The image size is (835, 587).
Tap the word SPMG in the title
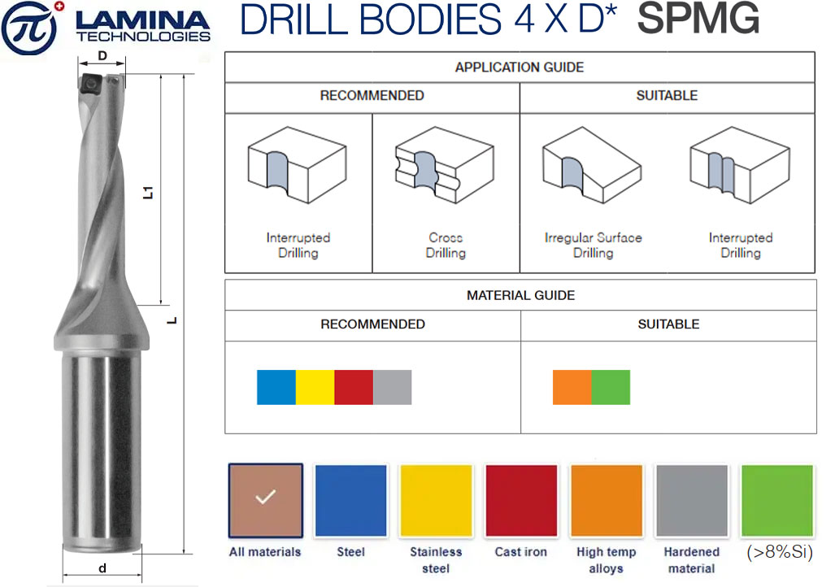698,19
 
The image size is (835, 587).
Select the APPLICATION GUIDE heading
520,67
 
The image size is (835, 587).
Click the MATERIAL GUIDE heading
521,295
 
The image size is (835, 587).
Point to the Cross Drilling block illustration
444,165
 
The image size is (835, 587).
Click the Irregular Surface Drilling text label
594,245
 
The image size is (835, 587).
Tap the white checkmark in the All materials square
265,497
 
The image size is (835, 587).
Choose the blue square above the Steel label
351,500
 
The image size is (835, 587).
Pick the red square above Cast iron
521,500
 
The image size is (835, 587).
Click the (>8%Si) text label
780,552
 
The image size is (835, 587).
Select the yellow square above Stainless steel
436,500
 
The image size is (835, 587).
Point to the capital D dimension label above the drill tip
102,55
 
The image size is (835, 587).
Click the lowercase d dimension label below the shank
102,568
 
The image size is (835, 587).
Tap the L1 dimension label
148,193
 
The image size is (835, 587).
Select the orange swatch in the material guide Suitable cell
572,387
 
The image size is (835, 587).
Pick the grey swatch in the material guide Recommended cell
393,387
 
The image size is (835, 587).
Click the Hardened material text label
691,560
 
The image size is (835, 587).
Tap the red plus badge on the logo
59,7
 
